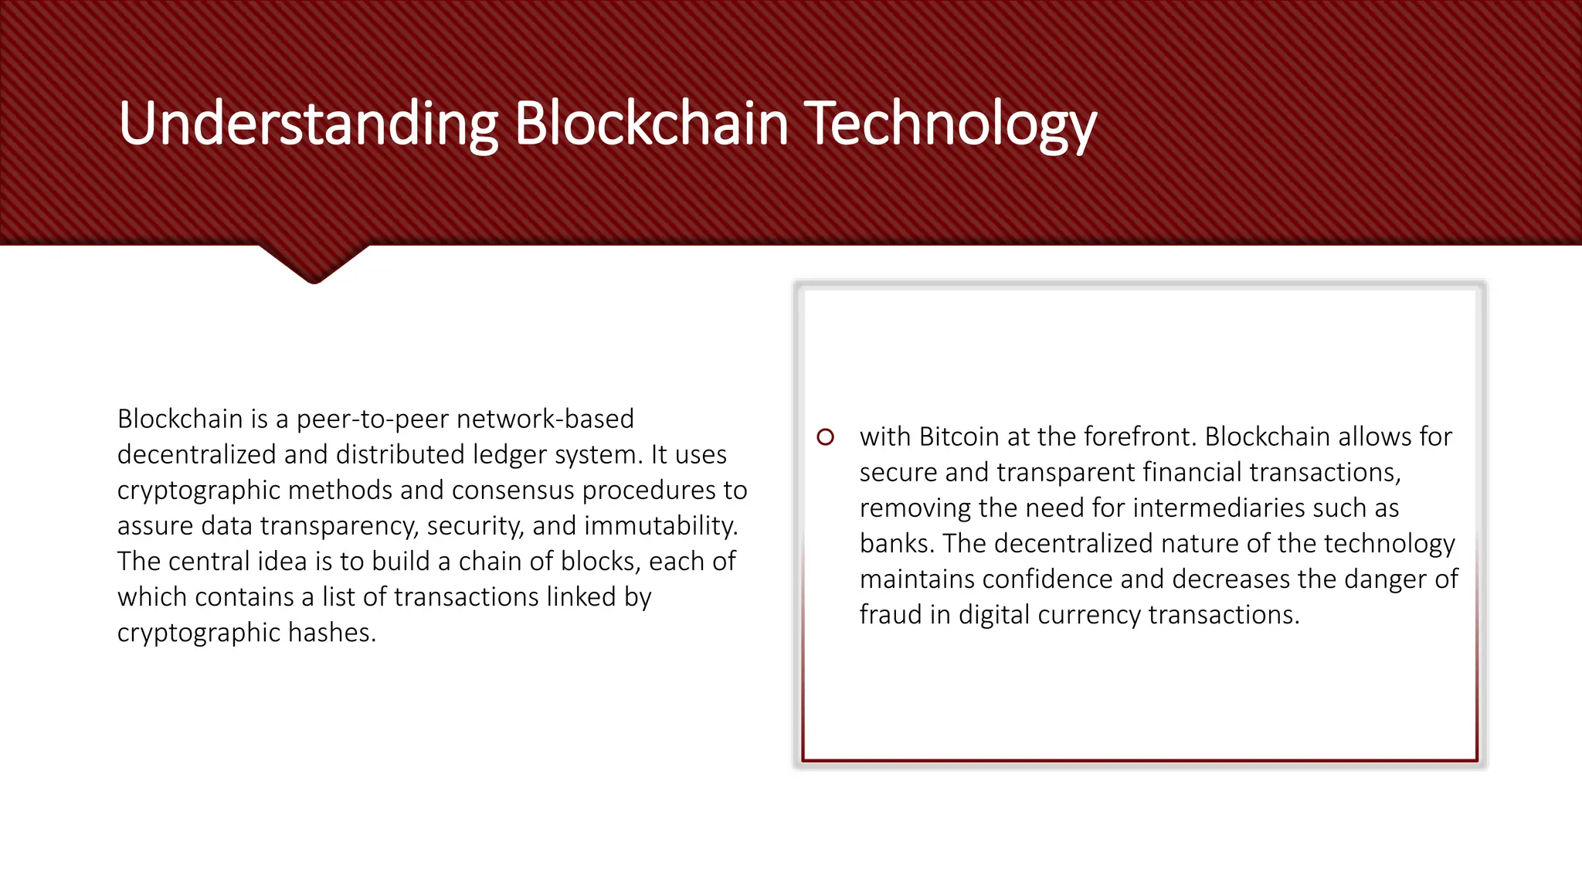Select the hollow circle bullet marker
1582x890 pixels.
[825, 437]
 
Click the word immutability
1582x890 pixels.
[660, 525]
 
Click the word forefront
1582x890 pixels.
[1139, 437]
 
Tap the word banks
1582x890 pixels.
[897, 543]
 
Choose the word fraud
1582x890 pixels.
[891, 614]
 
